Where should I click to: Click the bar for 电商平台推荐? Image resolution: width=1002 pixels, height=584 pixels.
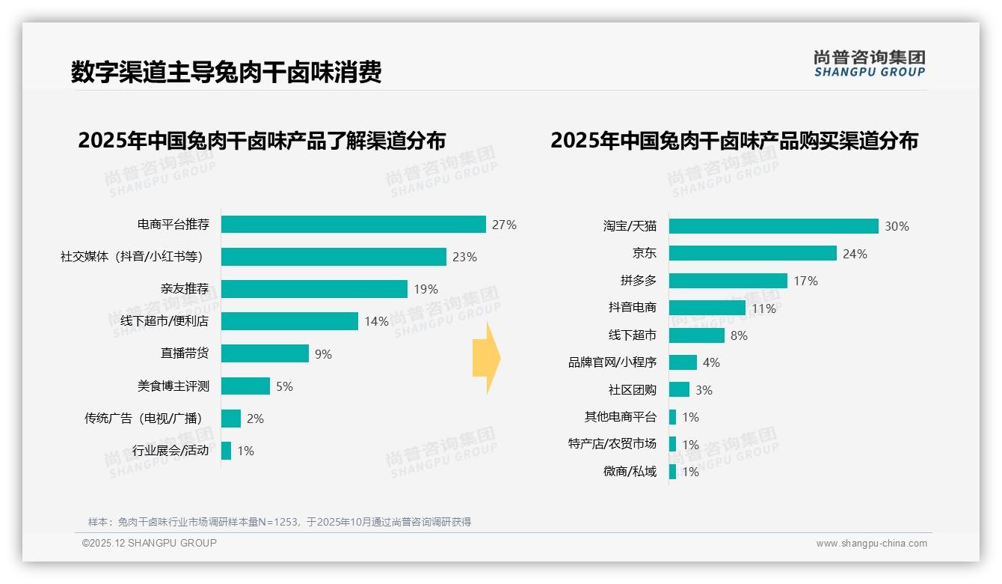[353, 225]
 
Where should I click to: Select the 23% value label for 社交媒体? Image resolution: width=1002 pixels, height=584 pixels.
[464, 257]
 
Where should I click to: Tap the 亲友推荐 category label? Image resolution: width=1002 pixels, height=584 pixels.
[184, 289]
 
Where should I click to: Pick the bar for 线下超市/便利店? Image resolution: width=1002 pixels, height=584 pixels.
[289, 321]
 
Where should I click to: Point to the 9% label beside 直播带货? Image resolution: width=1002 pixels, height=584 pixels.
[323, 354]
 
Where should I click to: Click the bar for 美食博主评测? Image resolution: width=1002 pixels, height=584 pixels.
[245, 386]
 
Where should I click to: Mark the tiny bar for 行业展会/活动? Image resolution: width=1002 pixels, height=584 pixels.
[226, 451]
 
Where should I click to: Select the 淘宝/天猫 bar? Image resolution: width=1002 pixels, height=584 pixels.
[773, 226]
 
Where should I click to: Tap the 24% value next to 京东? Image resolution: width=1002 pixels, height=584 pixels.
[855, 254]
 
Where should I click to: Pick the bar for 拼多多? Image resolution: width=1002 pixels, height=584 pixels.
[728, 281]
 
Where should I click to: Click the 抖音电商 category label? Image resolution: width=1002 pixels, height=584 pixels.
[632, 308]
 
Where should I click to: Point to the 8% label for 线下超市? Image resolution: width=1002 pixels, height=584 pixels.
[739, 335]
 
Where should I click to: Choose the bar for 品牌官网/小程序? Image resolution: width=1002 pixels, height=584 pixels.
[683, 362]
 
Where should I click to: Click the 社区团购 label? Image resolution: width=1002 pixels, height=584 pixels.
[632, 390]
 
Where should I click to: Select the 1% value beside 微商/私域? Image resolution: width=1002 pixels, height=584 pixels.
[690, 472]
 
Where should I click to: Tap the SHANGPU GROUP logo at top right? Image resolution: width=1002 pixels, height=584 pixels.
[869, 64]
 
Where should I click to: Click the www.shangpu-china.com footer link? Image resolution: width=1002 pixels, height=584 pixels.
[871, 544]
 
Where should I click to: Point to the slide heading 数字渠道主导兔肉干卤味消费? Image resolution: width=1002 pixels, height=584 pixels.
[227, 73]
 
